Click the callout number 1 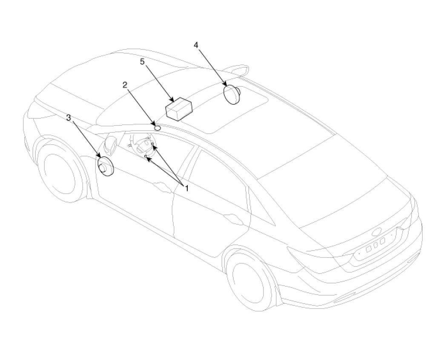(x=186, y=188)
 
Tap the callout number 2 (x=125, y=85)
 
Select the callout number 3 (x=69, y=117)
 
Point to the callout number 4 (x=196, y=45)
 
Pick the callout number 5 (x=143, y=62)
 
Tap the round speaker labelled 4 (x=232, y=94)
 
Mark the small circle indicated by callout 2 (x=157, y=127)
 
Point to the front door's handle (x=162, y=185)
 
